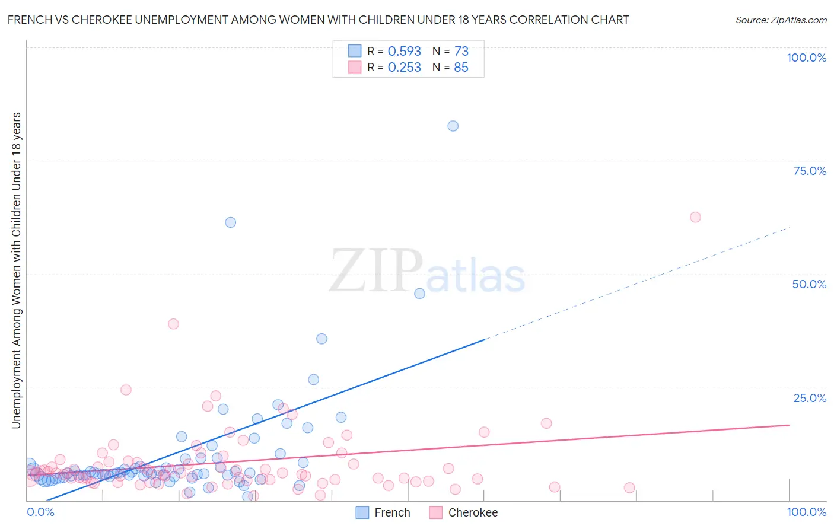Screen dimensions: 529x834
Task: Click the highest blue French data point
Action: [453, 126]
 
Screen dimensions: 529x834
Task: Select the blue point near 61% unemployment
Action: [230, 222]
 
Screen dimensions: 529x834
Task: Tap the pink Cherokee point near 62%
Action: [695, 217]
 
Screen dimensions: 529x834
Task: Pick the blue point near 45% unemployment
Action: [419, 294]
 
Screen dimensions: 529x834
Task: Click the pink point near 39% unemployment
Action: [173, 324]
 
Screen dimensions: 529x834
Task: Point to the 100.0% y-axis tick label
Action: [806, 58]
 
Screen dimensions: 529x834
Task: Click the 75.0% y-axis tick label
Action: [810, 171]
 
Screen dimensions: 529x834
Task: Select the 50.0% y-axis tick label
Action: [809, 284]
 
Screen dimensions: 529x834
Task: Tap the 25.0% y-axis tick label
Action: [810, 397]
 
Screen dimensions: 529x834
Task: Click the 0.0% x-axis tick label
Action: [40, 512]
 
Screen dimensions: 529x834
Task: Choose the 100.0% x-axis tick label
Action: [806, 512]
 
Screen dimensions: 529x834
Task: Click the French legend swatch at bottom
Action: [362, 512]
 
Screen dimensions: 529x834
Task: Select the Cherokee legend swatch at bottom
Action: [436, 512]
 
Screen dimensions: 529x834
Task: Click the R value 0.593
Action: [404, 52]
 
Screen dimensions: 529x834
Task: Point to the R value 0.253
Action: [404, 68]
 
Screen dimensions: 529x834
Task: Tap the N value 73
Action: [461, 52]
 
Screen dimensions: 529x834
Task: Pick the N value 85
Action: [461, 68]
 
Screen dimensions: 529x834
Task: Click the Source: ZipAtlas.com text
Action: [781, 20]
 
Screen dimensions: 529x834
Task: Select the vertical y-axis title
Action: [16, 270]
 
